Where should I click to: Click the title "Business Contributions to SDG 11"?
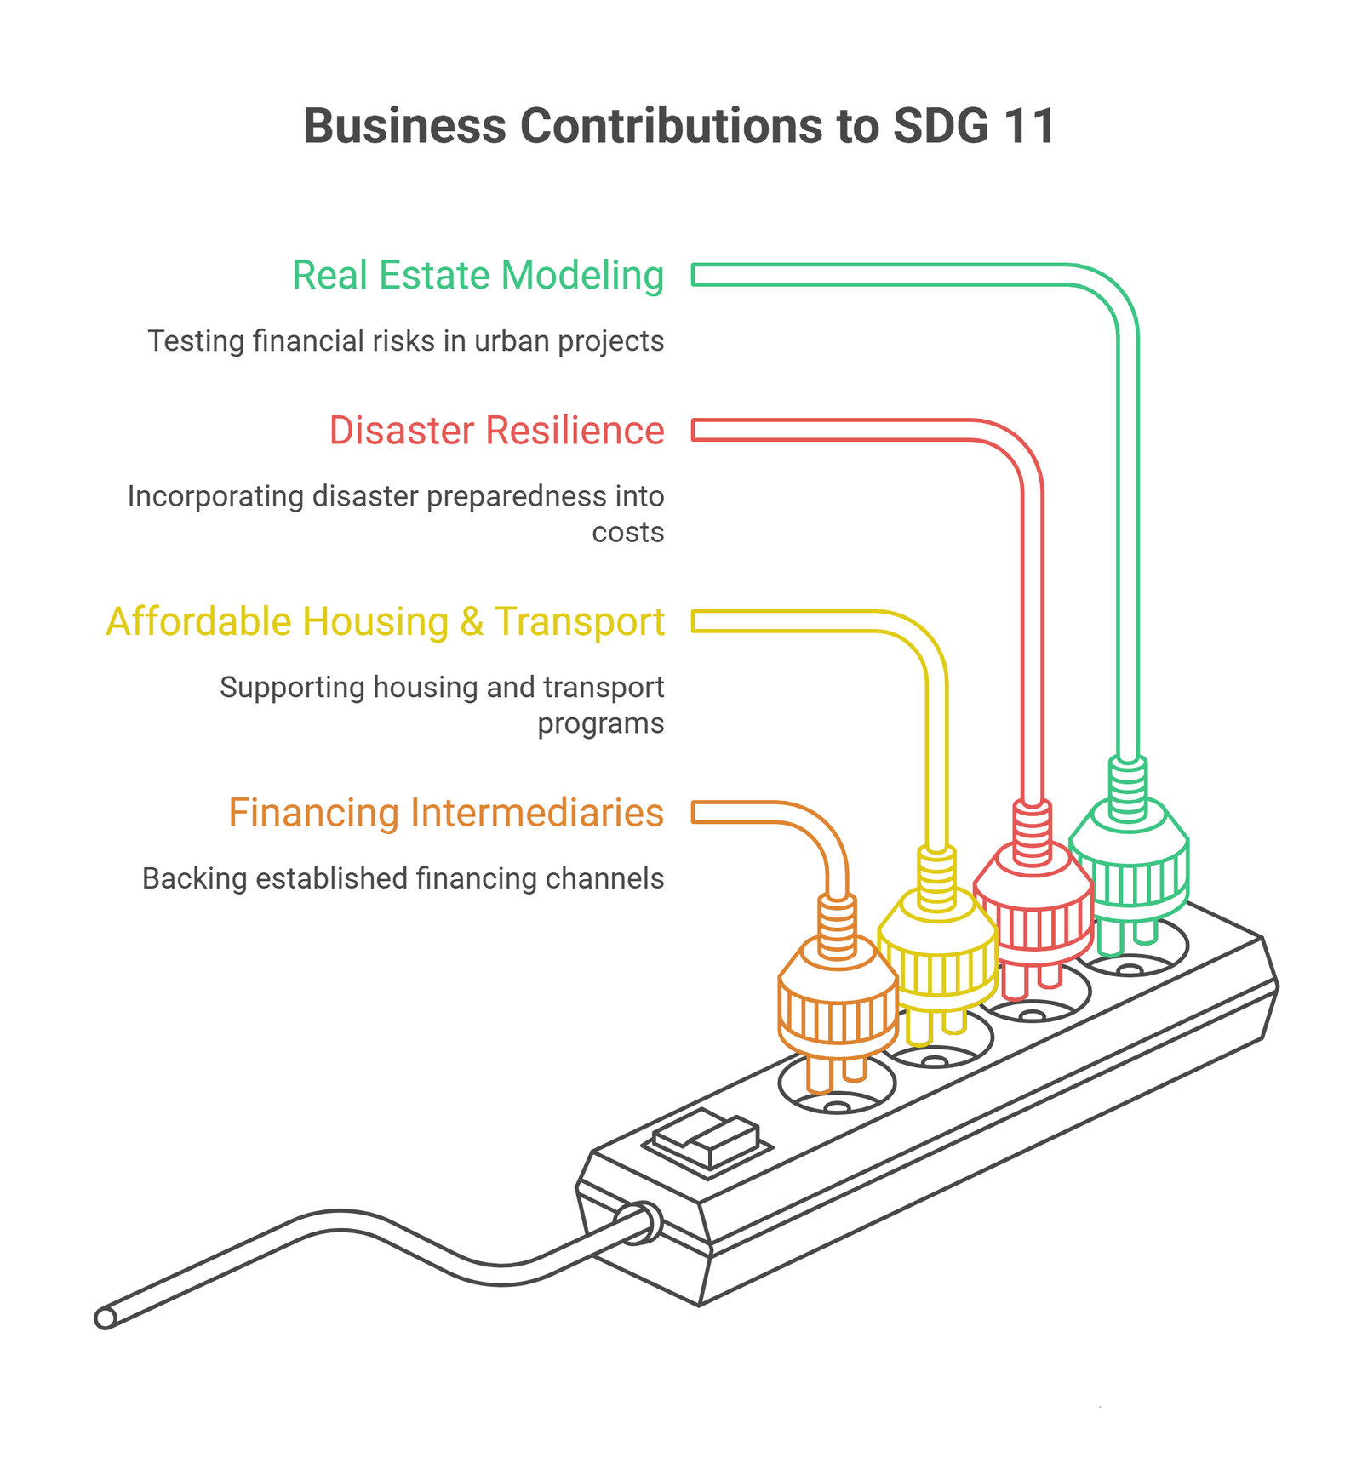(679, 126)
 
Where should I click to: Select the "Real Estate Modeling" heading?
(478, 276)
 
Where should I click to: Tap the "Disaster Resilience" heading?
(496, 431)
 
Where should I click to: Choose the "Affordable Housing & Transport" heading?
(385, 622)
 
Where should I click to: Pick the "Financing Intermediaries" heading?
(446, 813)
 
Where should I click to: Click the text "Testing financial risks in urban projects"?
(406, 341)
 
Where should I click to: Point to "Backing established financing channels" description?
(403, 878)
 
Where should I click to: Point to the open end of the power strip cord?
(105, 1318)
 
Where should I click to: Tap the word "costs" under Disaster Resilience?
(628, 533)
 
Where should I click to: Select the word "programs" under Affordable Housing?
(601, 724)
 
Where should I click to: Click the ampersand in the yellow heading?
(472, 622)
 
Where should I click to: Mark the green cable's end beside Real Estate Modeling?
(695, 275)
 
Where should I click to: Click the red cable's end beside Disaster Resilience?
(695, 430)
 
